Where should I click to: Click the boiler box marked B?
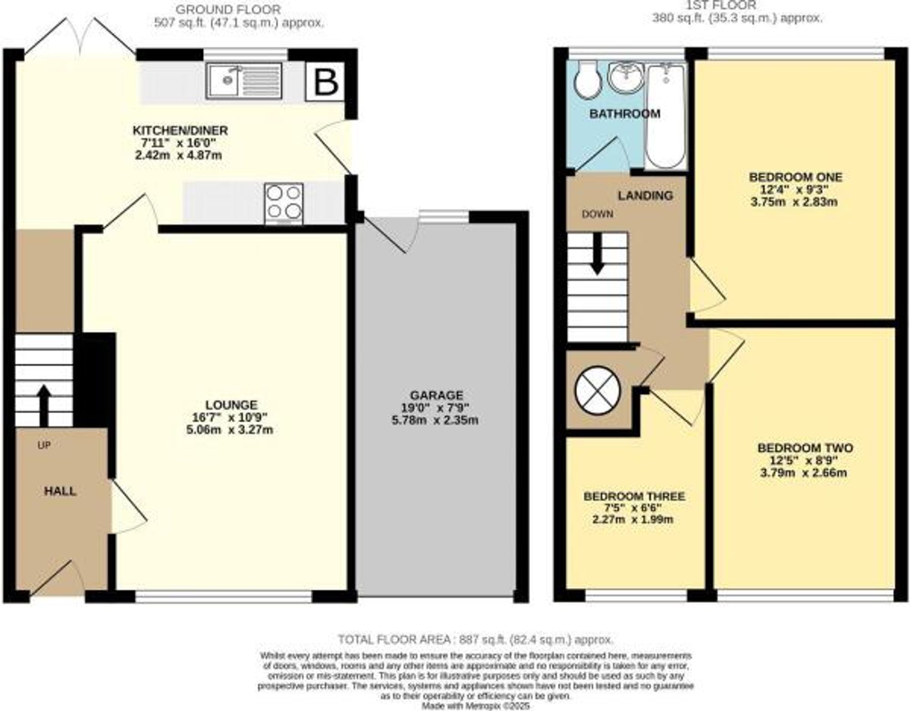[325, 82]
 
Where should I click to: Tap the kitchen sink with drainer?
[244, 81]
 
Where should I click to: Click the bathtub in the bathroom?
[666, 116]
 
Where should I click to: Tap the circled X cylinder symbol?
[597, 390]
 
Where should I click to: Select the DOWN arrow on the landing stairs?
[597, 255]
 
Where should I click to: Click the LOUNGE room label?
[231, 404]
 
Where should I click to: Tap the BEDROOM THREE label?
[634, 496]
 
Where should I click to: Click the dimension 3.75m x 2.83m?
[794, 202]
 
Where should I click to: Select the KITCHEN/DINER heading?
[180, 131]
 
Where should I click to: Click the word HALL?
[60, 491]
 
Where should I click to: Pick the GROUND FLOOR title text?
[228, 9]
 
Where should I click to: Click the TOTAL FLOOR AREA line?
[475, 640]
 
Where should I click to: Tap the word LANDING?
[645, 196]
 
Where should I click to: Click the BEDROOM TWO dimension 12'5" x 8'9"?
[804, 460]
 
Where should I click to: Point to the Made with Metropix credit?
[475, 706]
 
